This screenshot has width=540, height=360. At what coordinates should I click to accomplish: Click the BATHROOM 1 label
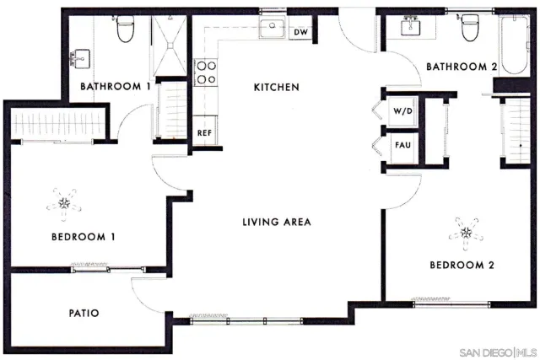click(115, 86)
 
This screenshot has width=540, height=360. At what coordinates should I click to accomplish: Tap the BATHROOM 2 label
click(461, 67)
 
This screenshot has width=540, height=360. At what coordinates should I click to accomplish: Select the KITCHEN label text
click(277, 87)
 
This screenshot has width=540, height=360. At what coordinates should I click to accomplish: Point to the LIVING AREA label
click(277, 223)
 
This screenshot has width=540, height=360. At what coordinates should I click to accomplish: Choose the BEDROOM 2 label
click(462, 264)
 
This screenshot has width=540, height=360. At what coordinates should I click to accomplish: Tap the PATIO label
click(84, 313)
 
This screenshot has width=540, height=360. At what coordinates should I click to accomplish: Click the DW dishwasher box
click(300, 32)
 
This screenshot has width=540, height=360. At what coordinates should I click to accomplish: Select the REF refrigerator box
click(203, 133)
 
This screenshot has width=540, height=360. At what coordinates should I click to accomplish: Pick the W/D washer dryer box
click(402, 111)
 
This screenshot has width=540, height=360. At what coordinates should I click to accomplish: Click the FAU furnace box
click(402, 145)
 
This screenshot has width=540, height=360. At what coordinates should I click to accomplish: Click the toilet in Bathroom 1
click(126, 30)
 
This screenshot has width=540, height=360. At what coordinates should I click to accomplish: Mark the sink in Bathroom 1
click(82, 57)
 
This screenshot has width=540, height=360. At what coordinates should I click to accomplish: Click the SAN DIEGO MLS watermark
click(497, 350)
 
